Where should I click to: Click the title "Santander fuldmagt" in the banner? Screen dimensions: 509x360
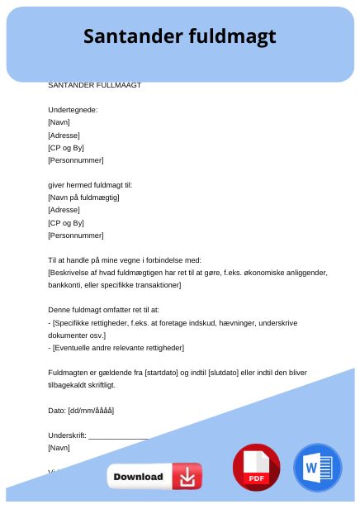pyautogui.click(x=179, y=37)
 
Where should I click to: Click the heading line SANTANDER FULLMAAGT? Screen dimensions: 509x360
pyautogui.click(x=95, y=84)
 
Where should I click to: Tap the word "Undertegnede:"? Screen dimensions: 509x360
pyautogui.click(x=73, y=110)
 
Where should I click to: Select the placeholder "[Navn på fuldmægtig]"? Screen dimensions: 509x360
pyautogui.click(x=84, y=197)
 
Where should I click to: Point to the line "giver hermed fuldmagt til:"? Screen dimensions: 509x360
pyautogui.click(x=90, y=185)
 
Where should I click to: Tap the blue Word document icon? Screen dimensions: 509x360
pyautogui.click(x=317, y=469)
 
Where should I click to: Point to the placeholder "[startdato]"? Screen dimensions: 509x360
pyautogui.click(x=163, y=373)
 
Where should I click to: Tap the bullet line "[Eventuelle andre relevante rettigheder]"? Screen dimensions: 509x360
pyautogui.click(x=118, y=348)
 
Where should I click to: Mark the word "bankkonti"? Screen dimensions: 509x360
pyautogui.click(x=64, y=285)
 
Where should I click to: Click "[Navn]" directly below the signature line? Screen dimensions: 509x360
pyautogui.click(x=59, y=448)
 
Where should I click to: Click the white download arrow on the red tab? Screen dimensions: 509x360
pyautogui.click(x=187, y=477)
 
